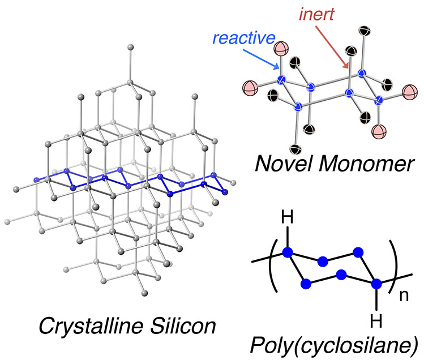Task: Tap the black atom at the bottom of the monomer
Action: point(295,149)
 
